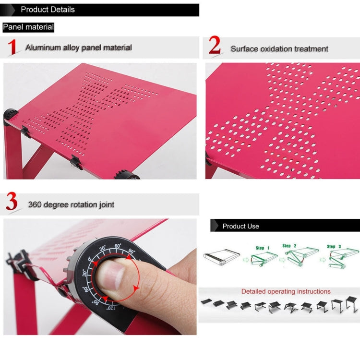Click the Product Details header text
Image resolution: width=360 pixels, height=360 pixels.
coord(48,10)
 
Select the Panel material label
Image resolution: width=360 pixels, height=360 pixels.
coord(28,27)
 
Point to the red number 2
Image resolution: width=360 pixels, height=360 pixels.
coord(215,46)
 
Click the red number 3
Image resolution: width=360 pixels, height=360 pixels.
coord(12,203)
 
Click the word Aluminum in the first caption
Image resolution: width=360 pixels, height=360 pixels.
coord(44,48)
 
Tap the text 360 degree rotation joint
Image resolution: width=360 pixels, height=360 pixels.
coord(71,204)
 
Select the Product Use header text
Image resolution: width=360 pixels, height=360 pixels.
coord(240,226)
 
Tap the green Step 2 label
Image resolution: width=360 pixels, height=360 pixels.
coord(289,246)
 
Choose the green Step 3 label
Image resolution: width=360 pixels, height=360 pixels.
coord(335,246)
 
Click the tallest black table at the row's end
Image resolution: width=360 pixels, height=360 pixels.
coord(352,303)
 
